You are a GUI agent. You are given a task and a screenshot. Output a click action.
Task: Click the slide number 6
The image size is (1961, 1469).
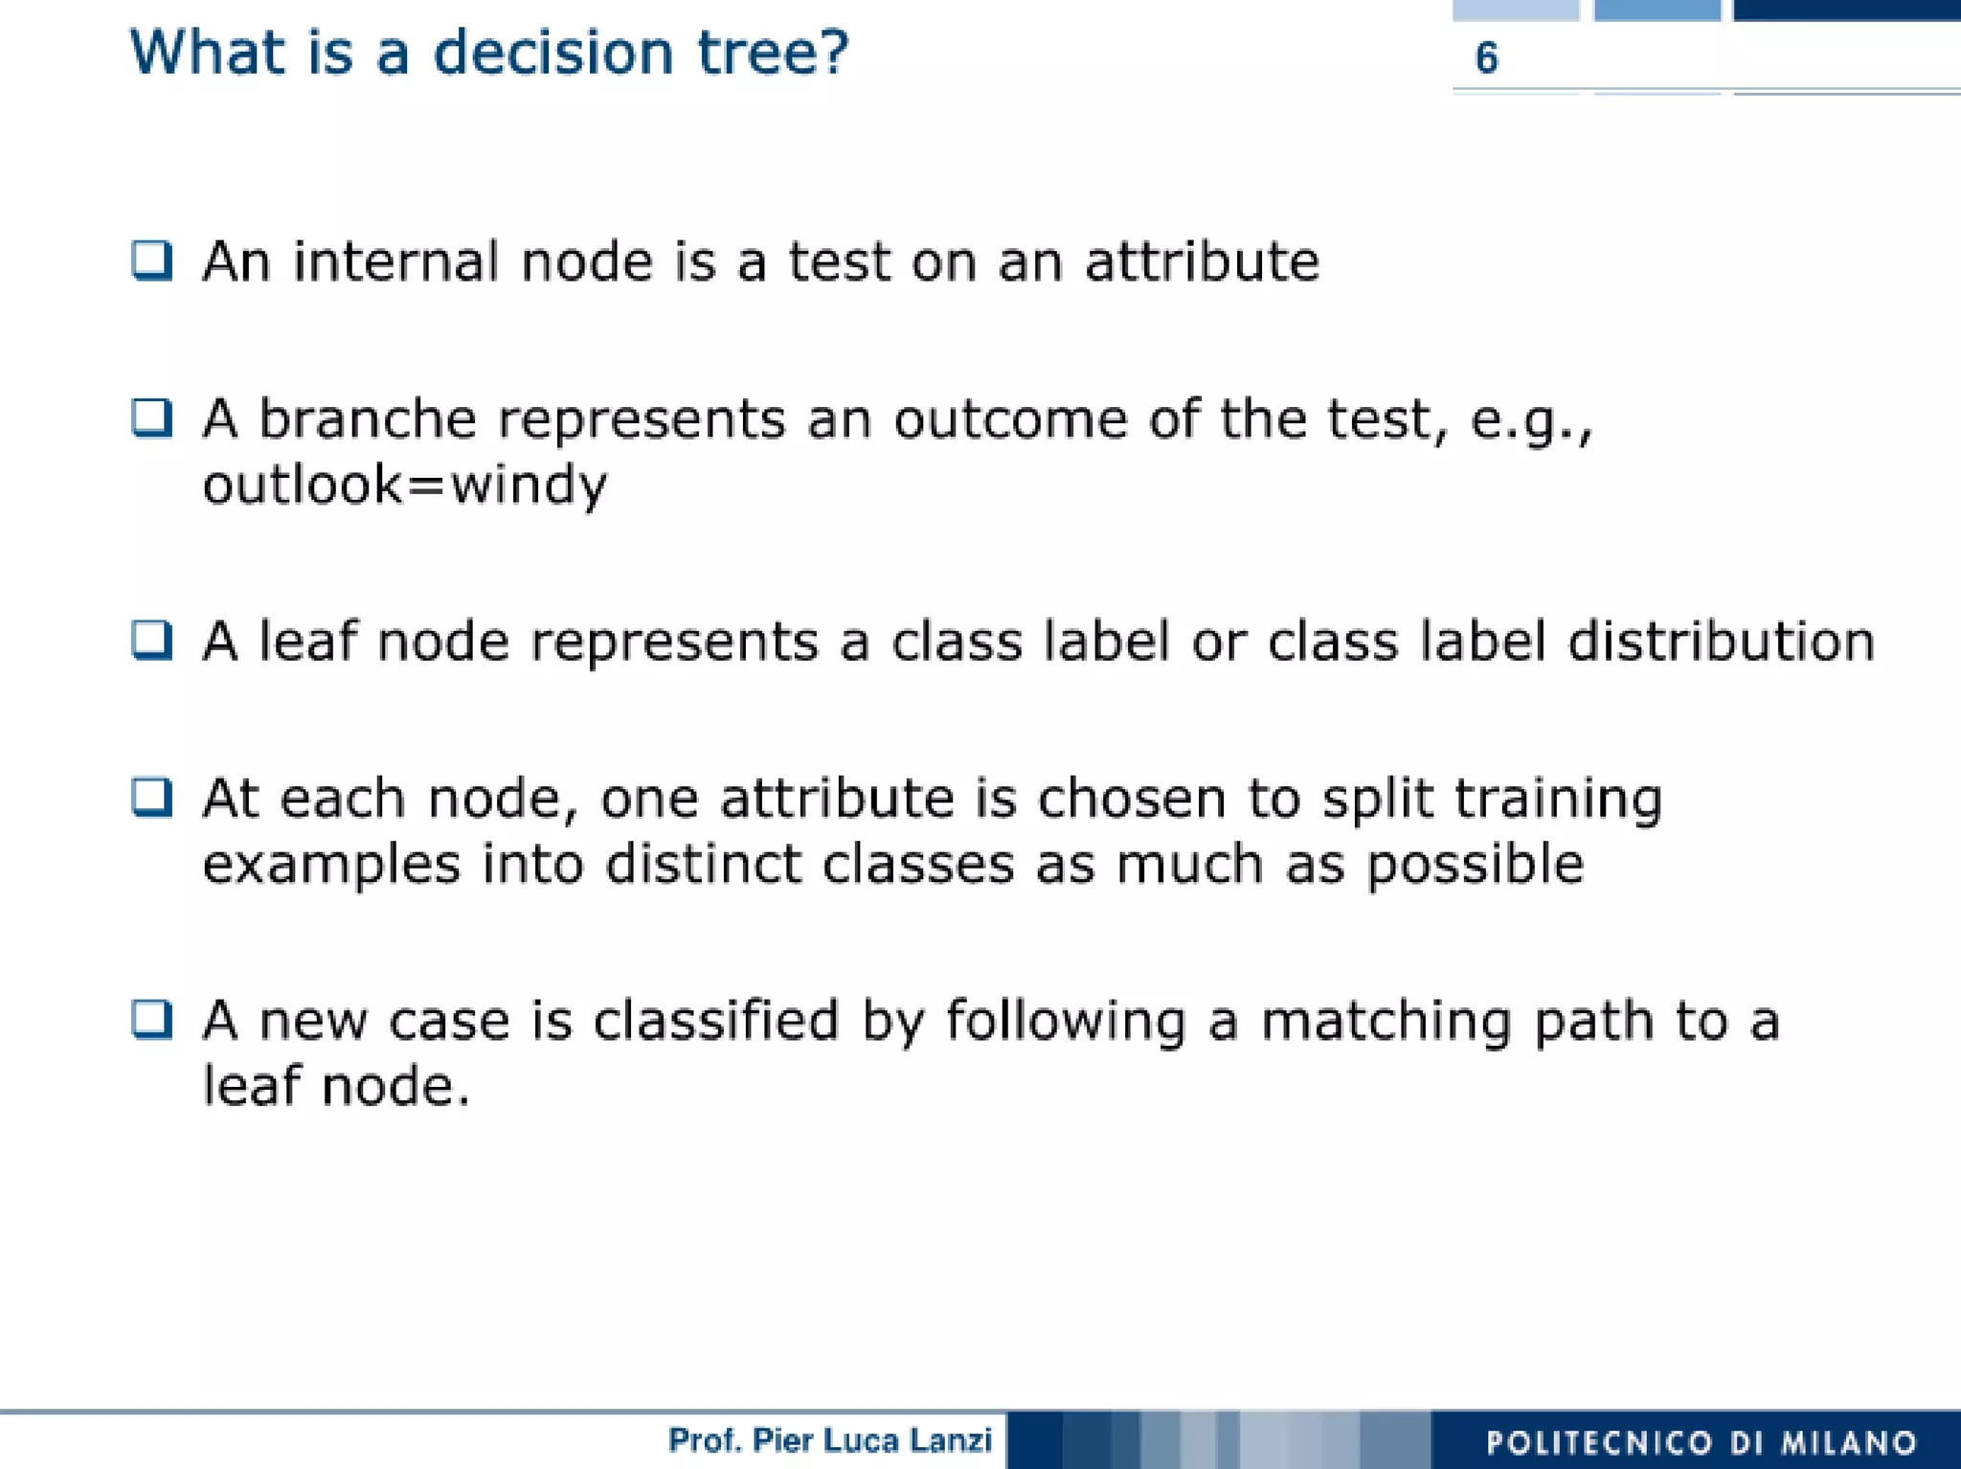click(1486, 58)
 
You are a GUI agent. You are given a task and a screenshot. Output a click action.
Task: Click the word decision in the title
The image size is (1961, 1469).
click(553, 53)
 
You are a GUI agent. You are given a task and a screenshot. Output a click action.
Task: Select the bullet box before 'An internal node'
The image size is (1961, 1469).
click(152, 260)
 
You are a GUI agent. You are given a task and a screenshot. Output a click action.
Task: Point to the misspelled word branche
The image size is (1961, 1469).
click(368, 419)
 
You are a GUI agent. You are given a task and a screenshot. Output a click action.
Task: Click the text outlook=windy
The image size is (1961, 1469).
click(404, 485)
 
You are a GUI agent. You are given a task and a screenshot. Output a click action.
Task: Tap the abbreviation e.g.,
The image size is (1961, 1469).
click(1530, 421)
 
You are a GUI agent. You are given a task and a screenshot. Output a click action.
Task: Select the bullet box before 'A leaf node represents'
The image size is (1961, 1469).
click(152, 641)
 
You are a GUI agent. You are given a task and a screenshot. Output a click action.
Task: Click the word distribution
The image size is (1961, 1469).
click(1721, 642)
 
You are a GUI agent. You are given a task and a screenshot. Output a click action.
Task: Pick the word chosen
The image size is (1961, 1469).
click(1131, 799)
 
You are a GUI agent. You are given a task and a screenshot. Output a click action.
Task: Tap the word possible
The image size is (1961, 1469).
click(1475, 866)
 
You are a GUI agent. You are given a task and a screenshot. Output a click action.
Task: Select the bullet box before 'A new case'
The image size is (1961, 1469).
click(152, 1020)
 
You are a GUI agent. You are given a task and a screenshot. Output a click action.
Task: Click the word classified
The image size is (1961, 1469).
click(715, 1021)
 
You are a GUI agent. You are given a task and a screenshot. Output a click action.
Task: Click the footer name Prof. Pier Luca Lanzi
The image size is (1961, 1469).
click(829, 1440)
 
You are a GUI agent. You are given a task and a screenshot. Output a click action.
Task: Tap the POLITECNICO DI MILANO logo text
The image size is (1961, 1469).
click(1701, 1442)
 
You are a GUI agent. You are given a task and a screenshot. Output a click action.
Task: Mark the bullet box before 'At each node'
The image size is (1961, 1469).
click(152, 798)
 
